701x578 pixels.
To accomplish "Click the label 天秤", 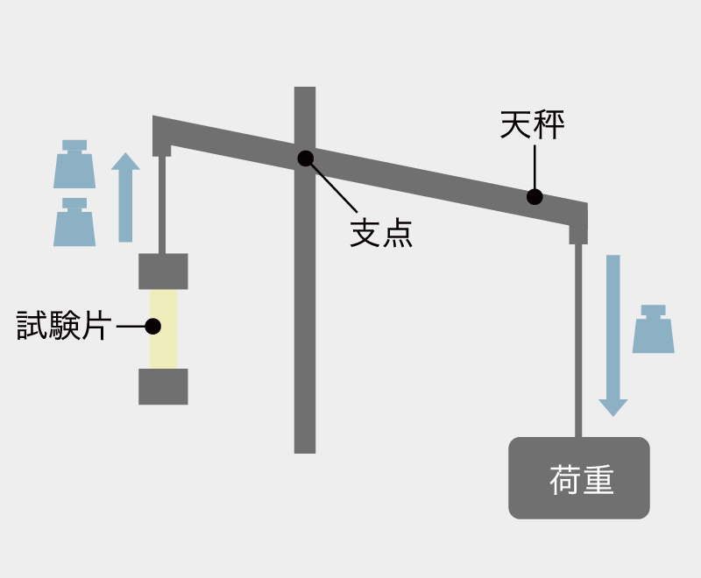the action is click(x=532, y=125).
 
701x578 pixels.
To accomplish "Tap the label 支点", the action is click(x=381, y=233).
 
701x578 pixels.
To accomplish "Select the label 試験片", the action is click(x=63, y=326).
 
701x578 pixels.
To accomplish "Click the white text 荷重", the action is click(x=581, y=480).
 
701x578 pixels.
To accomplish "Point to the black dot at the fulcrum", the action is click(x=305, y=159).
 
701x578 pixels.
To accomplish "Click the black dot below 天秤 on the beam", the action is click(x=535, y=196).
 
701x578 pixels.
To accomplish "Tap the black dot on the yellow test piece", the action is click(x=152, y=327).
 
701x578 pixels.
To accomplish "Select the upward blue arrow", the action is click(x=125, y=197).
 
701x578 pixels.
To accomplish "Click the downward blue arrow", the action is click(x=612, y=335).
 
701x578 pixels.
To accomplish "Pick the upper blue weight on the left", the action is click(x=74, y=164).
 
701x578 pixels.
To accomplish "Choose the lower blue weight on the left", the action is click(x=74, y=222).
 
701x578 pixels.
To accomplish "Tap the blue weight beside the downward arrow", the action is click(x=653, y=329).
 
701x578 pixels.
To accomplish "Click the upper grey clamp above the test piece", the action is click(x=163, y=271).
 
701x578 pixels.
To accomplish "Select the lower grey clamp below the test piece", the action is click(x=163, y=387).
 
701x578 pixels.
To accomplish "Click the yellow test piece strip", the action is click(x=163, y=329).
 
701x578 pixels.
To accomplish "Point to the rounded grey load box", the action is click(x=579, y=478).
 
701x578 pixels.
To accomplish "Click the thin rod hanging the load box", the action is click(x=578, y=341).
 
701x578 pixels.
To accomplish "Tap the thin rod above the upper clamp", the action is click(x=162, y=205).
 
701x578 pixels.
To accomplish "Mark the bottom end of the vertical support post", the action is click(x=305, y=453).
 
